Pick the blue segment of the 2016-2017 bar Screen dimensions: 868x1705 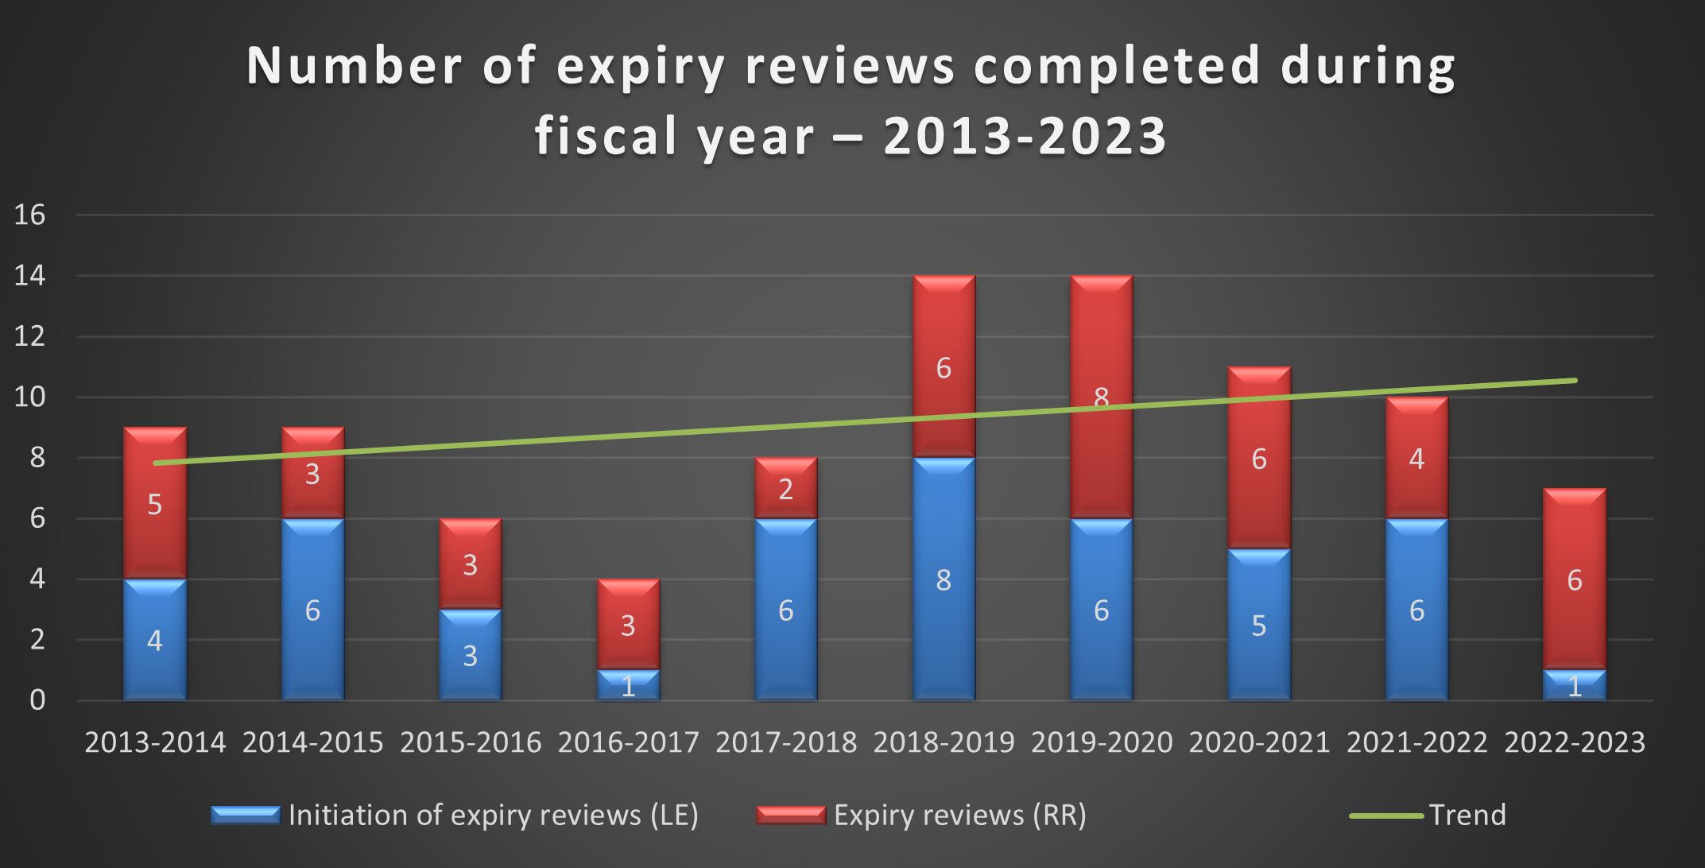point(628,685)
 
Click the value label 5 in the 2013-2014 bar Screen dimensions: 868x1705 point(155,505)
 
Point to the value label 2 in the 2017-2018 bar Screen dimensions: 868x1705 point(785,490)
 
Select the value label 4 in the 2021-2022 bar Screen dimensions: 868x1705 point(1416,459)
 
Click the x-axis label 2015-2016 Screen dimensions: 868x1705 point(471,742)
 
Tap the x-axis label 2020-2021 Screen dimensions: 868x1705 point(1259,742)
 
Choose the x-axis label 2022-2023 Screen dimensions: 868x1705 point(1574,742)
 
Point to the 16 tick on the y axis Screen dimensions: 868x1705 point(30,215)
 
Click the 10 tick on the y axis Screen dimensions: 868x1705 point(30,397)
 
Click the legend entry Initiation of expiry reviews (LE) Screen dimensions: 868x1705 point(493,816)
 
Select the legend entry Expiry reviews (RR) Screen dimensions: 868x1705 point(959,816)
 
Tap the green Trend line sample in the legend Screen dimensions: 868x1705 point(1385,816)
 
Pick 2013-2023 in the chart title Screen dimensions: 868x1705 point(1025,136)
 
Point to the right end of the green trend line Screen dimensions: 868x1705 point(1574,381)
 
